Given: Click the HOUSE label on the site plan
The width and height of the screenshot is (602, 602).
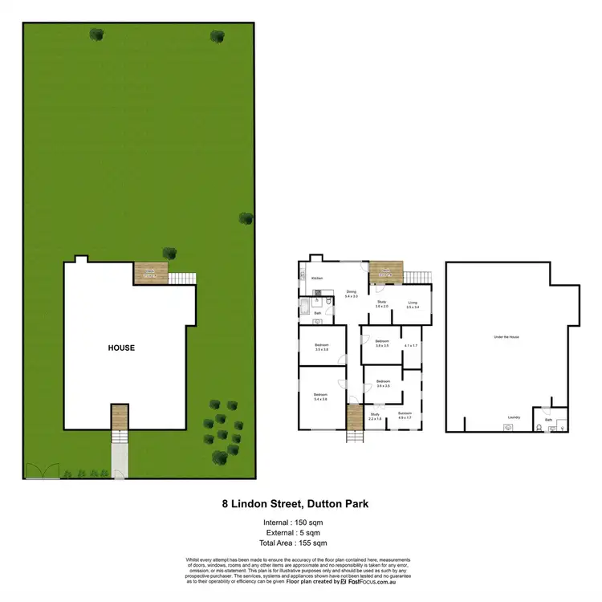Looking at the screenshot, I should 122,348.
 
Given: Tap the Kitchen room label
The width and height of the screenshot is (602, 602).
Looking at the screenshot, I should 316,279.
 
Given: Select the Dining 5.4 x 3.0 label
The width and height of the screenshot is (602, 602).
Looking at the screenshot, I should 351,294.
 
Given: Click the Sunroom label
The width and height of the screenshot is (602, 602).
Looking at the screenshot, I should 405,414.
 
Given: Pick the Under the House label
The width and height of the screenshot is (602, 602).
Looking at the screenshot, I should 506,337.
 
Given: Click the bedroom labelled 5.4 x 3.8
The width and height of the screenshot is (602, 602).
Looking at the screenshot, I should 320,397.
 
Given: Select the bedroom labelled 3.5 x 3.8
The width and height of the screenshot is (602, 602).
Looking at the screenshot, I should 322,348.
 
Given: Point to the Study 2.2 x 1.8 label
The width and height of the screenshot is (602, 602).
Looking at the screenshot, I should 375,417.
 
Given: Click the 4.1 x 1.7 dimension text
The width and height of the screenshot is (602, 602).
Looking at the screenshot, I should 412,345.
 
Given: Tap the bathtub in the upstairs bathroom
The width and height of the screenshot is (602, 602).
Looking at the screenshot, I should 306,306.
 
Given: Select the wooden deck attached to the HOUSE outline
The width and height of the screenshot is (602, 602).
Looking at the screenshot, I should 150,274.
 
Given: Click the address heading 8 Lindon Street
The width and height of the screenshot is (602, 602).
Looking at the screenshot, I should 300,505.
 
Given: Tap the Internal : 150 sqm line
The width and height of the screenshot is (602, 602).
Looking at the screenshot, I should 300,523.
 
